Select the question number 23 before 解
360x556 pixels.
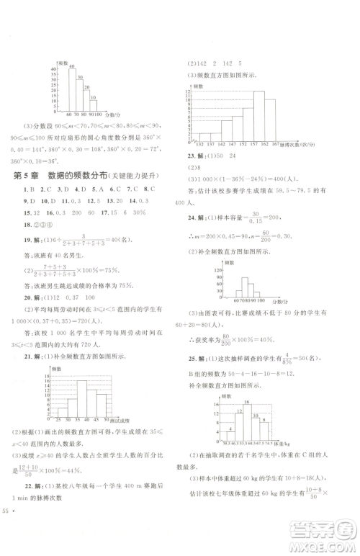pyautogui.click(x=192, y=156)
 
